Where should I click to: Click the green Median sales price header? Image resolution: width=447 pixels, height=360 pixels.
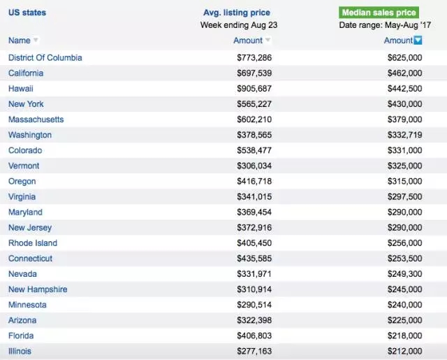coord(379,13)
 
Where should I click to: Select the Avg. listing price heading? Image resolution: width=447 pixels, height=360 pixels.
coord(236,13)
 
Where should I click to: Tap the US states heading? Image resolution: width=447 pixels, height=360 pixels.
coord(27,13)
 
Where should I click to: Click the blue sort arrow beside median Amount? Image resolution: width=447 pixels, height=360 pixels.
coord(418,41)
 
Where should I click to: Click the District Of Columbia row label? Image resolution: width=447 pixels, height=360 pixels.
coord(45,57)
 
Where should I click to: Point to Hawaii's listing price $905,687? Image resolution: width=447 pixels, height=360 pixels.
coord(254,89)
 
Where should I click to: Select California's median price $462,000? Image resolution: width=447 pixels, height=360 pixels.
coord(404,73)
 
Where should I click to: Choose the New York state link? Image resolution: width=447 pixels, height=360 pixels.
coord(26,104)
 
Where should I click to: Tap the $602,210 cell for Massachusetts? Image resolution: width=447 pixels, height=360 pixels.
coord(254,120)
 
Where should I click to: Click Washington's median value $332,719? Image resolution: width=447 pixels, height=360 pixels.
coord(404,135)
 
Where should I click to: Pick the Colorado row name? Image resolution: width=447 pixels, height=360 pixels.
coord(25,150)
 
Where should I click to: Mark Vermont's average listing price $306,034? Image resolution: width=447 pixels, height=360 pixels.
coord(254,166)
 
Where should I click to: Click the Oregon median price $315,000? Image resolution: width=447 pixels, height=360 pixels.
coord(404,181)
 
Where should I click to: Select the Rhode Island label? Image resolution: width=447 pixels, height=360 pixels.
coord(33,243)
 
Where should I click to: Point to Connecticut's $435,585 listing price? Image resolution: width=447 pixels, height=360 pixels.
coord(254,259)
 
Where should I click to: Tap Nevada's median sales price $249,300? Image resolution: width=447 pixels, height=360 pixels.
coord(404,274)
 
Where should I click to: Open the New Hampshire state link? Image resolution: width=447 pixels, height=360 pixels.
coord(38,289)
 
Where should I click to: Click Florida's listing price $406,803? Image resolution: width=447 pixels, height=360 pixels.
coord(254,336)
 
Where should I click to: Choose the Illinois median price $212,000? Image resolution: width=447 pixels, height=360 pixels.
coord(404,351)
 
